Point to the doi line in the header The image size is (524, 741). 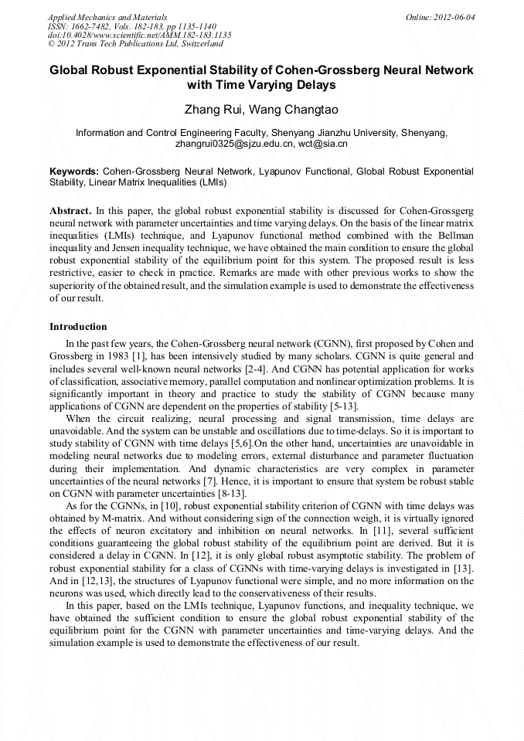click(x=139, y=35)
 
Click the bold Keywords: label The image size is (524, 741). click(x=74, y=171)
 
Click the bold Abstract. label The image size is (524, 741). click(x=70, y=210)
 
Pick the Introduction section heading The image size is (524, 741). click(x=78, y=327)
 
